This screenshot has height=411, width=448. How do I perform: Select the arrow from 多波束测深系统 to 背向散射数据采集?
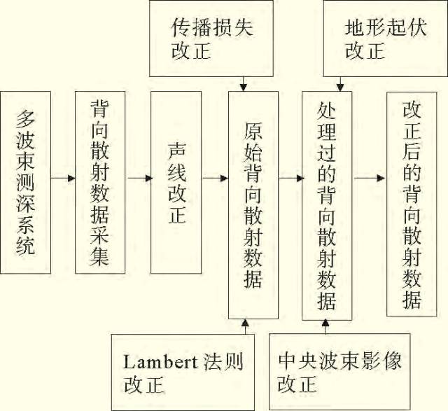[63, 178]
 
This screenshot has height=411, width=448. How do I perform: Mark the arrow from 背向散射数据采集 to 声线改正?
[139, 178]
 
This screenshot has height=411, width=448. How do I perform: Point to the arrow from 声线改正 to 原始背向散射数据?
[215, 178]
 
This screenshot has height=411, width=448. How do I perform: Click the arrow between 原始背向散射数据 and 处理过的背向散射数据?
[290, 178]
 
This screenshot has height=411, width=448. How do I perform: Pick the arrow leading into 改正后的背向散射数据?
[370, 178]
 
